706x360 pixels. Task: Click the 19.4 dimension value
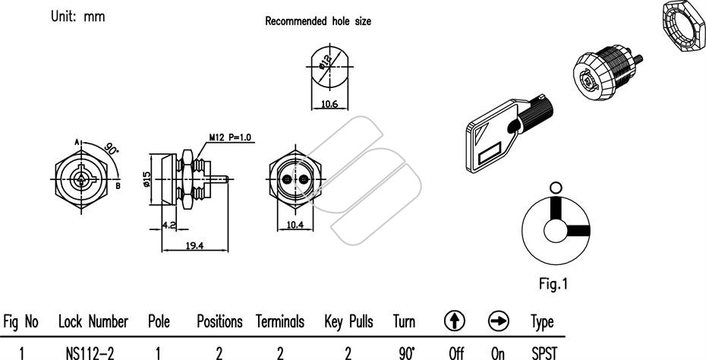coord(194,245)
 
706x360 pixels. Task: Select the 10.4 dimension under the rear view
coord(295,225)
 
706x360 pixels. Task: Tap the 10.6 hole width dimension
coord(329,104)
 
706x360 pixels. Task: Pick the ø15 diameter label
coord(146,179)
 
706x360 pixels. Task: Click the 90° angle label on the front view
coord(111,148)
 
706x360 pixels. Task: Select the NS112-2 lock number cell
coord(90,353)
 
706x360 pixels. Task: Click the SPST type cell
coord(544,353)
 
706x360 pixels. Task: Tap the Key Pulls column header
coord(348,322)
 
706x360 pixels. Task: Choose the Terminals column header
coord(280,322)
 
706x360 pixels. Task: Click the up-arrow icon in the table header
coord(454,321)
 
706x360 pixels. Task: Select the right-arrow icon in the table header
coord(499,321)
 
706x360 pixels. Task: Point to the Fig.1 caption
coord(553,284)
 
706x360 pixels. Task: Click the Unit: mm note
coord(78,17)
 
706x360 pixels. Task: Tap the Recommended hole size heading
coord(318,21)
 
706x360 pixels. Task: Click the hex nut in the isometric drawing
coord(684,26)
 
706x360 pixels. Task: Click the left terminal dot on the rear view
coord(287,179)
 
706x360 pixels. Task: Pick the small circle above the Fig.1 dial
coord(556,188)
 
